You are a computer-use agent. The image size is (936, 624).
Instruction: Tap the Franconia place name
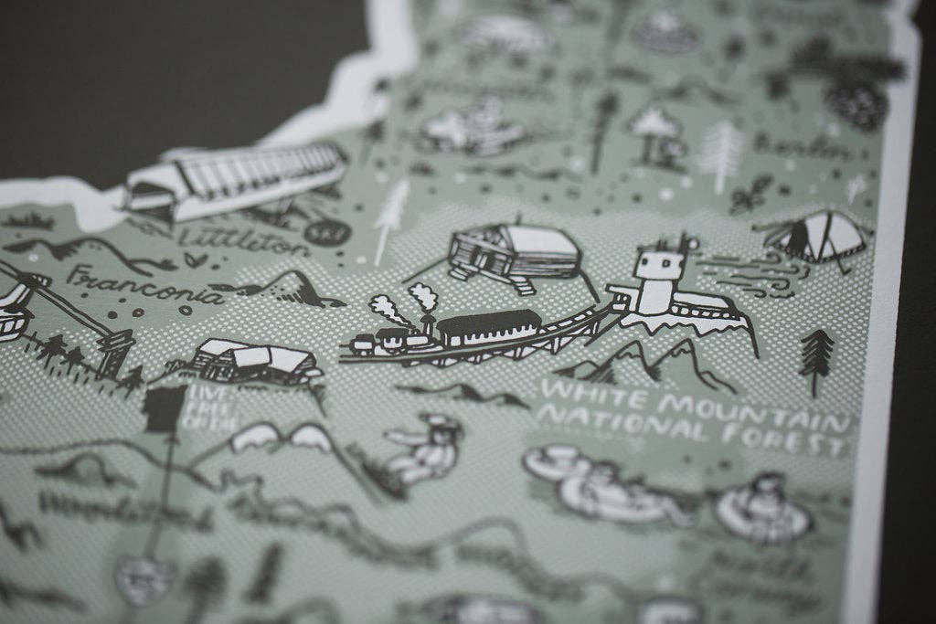point(145,286)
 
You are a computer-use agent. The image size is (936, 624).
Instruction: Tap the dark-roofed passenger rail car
point(489,326)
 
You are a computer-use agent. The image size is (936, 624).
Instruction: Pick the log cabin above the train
point(514,251)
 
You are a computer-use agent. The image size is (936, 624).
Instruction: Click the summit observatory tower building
point(660,278)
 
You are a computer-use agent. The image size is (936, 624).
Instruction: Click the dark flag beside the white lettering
point(165,407)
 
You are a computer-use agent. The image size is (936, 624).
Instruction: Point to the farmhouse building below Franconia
point(255,362)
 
